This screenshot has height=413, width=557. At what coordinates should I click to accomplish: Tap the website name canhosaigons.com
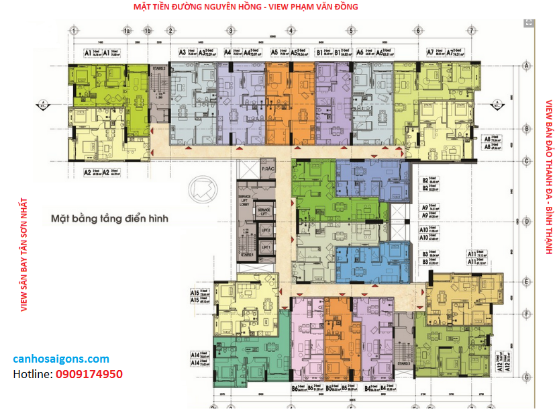click(61, 359)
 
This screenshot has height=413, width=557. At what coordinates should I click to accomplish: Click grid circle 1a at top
click(126, 31)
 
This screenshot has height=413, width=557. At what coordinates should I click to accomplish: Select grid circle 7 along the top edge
click(472, 31)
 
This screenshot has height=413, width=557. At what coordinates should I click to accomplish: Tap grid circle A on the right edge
click(527, 65)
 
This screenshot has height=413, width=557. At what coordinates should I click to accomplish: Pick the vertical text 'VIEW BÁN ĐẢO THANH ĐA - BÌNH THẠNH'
click(548, 177)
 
